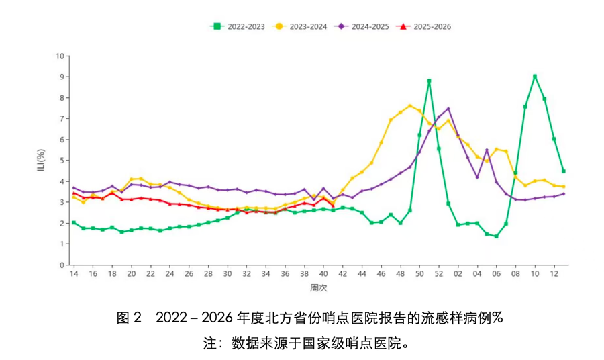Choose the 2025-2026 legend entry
point(426,26)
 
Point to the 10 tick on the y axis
point(60,56)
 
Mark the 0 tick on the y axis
point(62,265)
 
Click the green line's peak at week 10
point(535,77)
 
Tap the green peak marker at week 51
point(429,81)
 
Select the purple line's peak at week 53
point(448,109)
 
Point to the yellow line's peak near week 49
point(410,106)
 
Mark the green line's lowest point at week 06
point(496,236)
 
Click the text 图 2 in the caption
point(130,318)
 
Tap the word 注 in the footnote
point(208,343)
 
